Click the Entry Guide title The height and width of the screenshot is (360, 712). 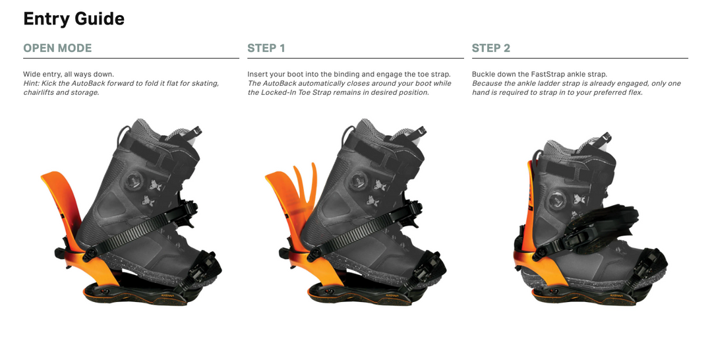coord(74,19)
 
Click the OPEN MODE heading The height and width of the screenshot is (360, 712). coord(57,48)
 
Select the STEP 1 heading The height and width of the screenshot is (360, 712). coord(266,48)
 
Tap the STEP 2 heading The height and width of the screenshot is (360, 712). coord(491,48)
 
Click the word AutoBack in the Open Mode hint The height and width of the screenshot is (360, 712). coord(88,84)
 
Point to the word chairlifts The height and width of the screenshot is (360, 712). coord(38,92)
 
